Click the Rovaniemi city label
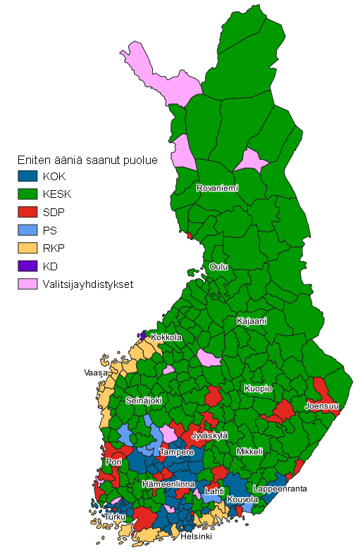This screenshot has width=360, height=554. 217,189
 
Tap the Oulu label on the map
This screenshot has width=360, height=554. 218,267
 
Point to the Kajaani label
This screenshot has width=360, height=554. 252,321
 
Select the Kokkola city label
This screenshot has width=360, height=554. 166,337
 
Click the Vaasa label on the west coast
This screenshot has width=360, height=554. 95,372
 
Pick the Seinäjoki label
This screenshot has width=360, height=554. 144,400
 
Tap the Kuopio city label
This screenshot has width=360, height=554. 258,389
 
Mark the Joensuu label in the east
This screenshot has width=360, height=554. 322,406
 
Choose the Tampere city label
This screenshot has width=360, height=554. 176,452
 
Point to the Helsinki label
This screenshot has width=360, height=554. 196,536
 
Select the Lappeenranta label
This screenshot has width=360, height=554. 280,489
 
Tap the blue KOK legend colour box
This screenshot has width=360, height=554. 27,175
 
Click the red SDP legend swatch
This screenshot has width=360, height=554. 27,212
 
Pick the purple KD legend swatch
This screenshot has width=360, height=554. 27,267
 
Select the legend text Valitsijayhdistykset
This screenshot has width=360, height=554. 87,285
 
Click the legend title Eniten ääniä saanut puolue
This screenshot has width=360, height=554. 87,160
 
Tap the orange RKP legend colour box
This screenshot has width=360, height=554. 27,248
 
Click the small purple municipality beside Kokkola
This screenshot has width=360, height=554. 144,336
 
